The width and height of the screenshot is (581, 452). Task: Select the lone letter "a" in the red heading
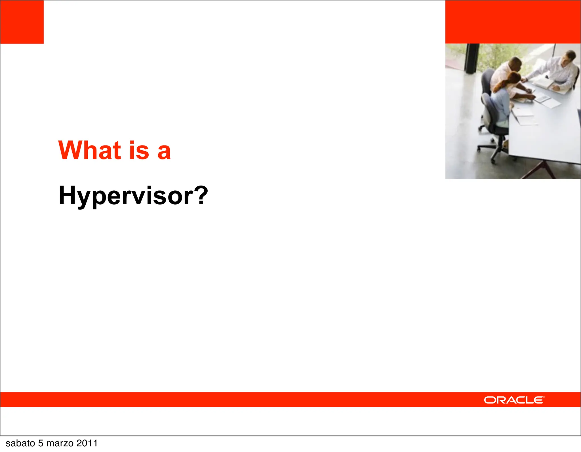click(164, 152)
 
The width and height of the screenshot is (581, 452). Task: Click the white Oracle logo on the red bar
click(514, 400)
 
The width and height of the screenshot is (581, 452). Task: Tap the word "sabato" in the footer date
click(20, 443)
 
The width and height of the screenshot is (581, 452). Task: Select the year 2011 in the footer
click(87, 443)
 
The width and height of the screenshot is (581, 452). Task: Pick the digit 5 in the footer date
click(41, 443)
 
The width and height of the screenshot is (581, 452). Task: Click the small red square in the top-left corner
click(22, 22)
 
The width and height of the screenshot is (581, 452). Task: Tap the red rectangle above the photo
click(513, 22)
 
